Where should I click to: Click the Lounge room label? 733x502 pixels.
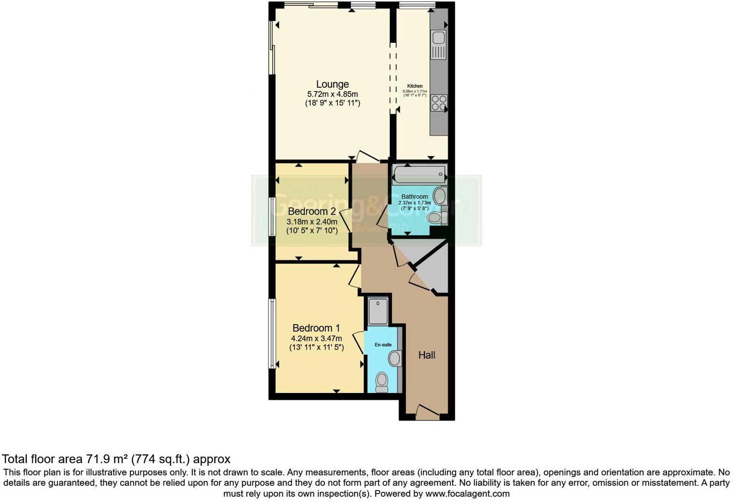point(332,84)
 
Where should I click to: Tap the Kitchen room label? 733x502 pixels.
point(415,86)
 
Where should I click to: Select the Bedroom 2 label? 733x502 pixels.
point(312,211)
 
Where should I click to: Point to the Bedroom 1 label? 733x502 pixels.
point(316,328)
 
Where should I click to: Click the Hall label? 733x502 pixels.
point(427,355)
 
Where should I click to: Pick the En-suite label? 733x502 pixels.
point(383,345)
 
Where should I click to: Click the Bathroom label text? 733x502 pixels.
point(414,196)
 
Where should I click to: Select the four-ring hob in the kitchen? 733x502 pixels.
point(439,103)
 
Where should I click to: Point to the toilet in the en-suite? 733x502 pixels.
point(382,382)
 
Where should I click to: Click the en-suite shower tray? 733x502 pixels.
point(378,311)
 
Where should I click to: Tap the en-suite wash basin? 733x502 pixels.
point(395,358)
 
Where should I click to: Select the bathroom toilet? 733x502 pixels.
point(436,218)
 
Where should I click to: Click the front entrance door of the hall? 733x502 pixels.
point(427,413)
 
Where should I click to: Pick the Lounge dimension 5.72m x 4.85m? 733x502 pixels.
point(332,95)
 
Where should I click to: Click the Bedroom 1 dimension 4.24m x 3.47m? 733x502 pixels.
point(316,339)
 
